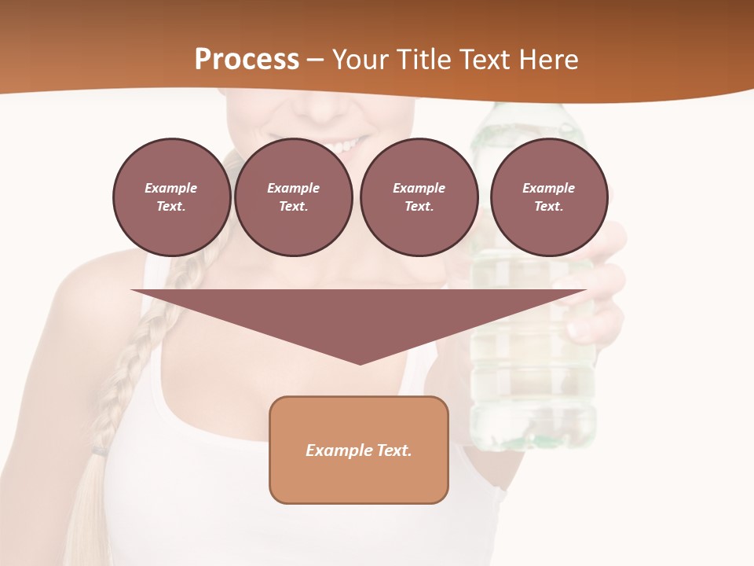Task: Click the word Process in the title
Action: [247, 60]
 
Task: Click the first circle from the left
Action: [171, 197]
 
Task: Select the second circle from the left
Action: [293, 197]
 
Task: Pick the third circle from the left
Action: [419, 197]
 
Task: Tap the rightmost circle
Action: [548, 197]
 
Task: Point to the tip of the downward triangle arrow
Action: [360, 362]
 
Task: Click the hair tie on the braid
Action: [99, 451]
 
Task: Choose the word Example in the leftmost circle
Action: [171, 188]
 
